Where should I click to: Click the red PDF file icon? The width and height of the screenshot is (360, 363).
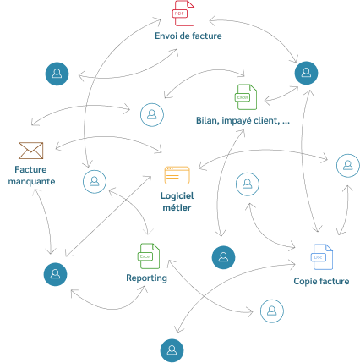coord(183,14)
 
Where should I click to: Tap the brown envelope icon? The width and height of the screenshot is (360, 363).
coord(30,151)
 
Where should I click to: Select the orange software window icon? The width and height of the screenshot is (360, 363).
coord(177,175)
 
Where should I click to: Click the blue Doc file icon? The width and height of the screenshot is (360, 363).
coord(322,257)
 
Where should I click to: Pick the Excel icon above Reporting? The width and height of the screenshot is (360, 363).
coord(149,256)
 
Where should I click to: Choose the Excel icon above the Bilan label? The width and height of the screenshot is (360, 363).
coord(246,97)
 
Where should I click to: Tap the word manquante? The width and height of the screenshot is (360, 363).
coord(31,181)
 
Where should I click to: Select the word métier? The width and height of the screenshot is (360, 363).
coord(177,208)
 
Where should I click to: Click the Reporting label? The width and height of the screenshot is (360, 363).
coord(146,278)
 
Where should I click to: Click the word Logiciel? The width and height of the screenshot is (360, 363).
coord(177,196)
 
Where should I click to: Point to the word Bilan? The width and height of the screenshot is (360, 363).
coord(208,121)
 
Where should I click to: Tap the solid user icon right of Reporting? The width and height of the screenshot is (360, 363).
coord(223,257)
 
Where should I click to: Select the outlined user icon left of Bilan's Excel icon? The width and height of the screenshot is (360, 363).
coord(152,114)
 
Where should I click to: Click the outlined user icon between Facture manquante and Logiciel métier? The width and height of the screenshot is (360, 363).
coord(95,181)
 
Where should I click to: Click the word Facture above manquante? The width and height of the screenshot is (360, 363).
coord(30,169)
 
